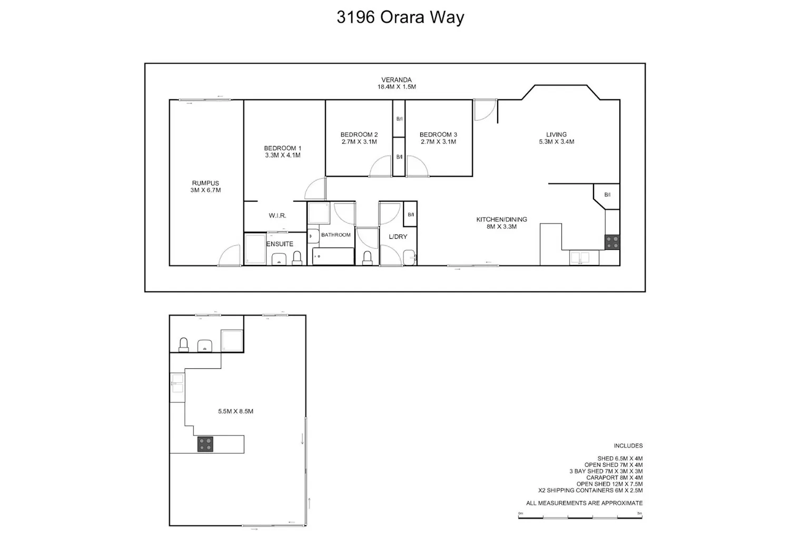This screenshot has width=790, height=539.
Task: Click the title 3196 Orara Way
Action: (x=400, y=17)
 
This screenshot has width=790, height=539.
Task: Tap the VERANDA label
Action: (x=397, y=80)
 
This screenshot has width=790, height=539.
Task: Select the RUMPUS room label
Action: (x=205, y=183)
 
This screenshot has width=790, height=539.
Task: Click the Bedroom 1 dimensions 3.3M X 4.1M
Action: (x=283, y=155)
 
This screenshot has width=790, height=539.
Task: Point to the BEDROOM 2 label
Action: (x=359, y=134)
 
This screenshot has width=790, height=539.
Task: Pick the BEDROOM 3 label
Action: (x=438, y=134)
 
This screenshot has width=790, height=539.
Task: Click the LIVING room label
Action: (x=557, y=134)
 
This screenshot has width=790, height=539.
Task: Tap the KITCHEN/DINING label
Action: (x=501, y=219)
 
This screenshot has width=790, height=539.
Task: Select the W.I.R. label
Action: (x=278, y=215)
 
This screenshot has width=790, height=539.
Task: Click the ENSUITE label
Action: (x=280, y=244)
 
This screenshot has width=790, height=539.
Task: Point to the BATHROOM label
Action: (x=336, y=235)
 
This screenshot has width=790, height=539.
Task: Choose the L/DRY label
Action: (x=398, y=237)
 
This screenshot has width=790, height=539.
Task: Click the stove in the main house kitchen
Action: (x=612, y=242)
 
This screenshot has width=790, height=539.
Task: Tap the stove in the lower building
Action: (x=205, y=444)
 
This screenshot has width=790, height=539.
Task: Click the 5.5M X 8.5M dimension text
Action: (x=235, y=411)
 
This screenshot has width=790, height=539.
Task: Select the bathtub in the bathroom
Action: (x=333, y=257)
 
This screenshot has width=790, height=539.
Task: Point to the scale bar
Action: (x=580, y=517)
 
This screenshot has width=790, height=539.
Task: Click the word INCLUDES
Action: (x=628, y=446)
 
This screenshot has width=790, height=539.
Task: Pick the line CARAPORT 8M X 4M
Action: (x=615, y=478)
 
